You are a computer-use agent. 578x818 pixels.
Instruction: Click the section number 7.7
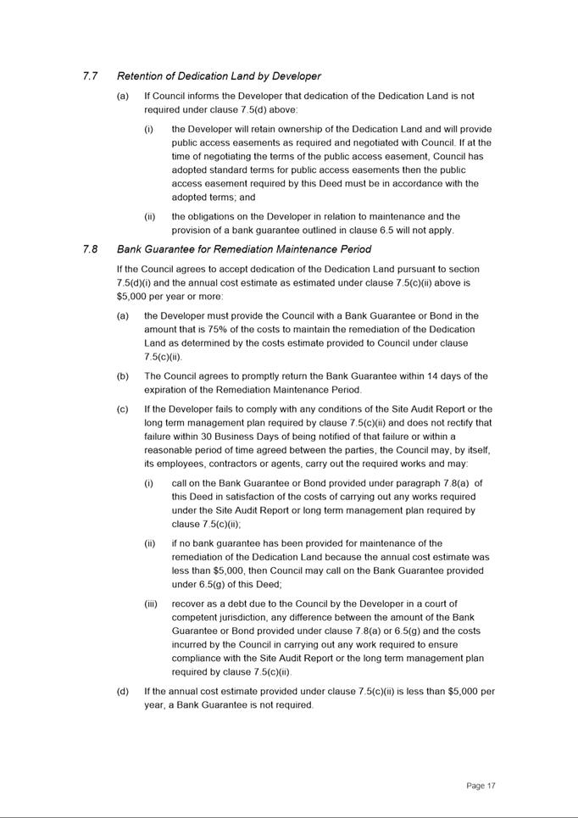(90, 76)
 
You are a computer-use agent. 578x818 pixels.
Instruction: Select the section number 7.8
(90, 249)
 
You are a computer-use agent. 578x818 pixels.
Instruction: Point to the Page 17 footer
(481, 786)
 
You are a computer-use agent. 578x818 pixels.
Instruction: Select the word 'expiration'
(170, 390)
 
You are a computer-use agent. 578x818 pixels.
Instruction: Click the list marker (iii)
(151, 604)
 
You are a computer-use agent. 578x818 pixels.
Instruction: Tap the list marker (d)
(123, 692)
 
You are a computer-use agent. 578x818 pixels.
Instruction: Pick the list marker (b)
(123, 376)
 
